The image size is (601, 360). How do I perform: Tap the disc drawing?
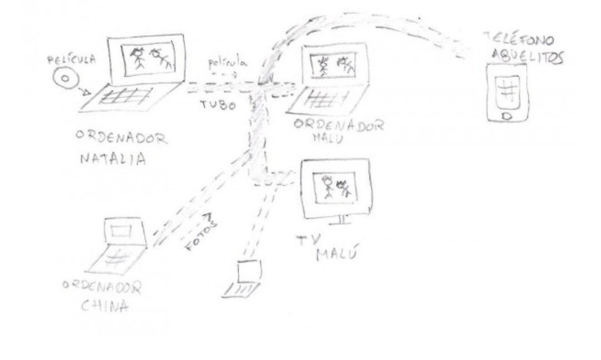(65, 80)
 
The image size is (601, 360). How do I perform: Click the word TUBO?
(218, 105)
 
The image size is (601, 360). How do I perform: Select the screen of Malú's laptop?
(333, 65)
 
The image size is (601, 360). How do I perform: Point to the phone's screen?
(507, 90)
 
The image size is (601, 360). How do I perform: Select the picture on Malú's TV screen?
(335, 187)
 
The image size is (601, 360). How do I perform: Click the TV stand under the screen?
(341, 220)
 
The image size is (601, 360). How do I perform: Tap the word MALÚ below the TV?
(337, 255)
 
